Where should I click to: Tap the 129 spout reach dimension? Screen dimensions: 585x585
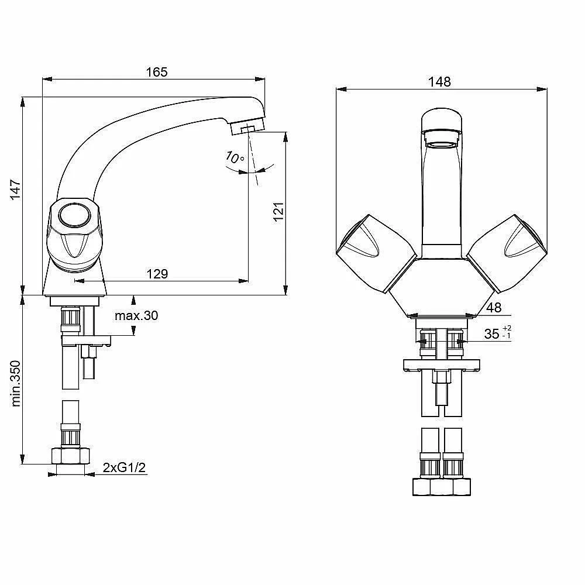coord(157,274)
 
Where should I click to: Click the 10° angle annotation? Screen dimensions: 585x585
coord(235,157)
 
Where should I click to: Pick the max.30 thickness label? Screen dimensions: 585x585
coord(136,316)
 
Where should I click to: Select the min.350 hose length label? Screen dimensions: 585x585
coord(15,384)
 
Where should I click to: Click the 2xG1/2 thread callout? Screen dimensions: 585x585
coord(124,467)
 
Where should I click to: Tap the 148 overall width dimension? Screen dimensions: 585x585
coord(439,81)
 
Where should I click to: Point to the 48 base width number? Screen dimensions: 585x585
coord(494,308)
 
